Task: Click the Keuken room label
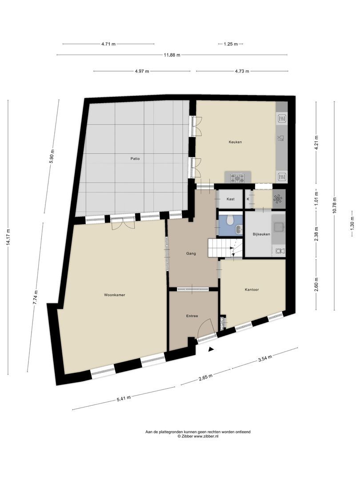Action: [x=235, y=142]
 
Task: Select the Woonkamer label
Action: [x=115, y=295]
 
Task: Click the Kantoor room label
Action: [x=252, y=290]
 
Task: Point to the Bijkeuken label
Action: [x=261, y=234]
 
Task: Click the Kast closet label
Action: [x=230, y=199]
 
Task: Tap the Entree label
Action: [x=192, y=316]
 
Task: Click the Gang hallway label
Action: [x=191, y=254]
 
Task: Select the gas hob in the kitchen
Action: [x=238, y=178]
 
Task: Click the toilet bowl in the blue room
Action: [x=230, y=219]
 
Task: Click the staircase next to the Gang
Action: [x=225, y=248]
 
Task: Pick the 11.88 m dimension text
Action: [x=172, y=55]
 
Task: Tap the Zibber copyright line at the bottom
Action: [x=198, y=436]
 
